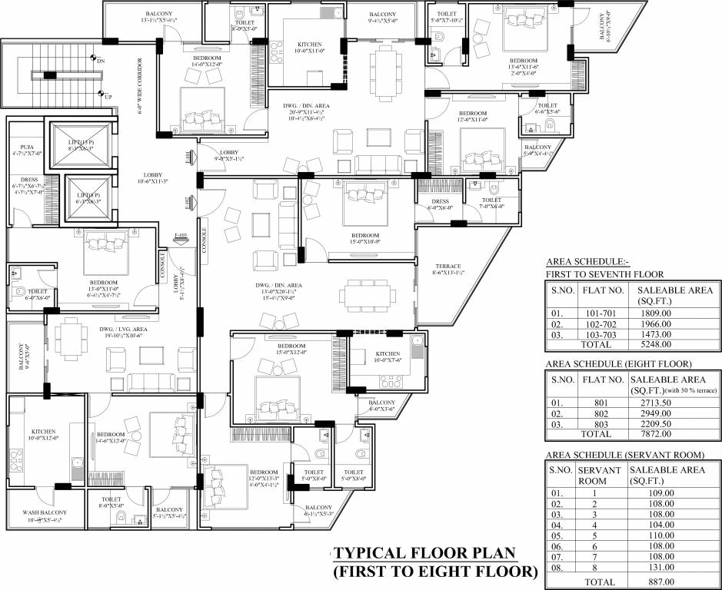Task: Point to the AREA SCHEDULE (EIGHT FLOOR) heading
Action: tap(619, 363)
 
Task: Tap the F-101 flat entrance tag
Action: tap(187, 159)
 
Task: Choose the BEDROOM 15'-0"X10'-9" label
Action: tap(365, 239)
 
